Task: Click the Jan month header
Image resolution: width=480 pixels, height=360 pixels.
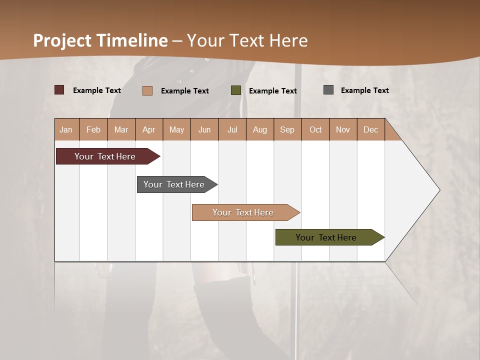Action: pos(66,129)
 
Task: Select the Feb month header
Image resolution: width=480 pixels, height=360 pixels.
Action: pos(93,129)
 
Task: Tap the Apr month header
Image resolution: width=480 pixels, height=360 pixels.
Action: pos(148,129)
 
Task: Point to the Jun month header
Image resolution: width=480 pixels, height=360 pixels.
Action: pos(204,129)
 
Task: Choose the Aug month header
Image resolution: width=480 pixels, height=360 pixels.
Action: pos(259,129)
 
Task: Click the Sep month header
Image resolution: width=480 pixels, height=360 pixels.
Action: pos(287,129)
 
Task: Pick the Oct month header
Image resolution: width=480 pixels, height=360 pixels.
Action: pos(315,129)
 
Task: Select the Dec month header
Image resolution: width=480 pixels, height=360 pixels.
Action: pos(370,129)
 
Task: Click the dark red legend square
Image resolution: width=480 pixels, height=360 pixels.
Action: pos(59,90)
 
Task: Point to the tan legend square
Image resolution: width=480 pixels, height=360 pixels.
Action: pos(147,90)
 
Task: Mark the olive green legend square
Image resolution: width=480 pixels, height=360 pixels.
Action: pos(236,90)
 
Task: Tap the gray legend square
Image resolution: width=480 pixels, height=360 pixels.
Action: pos(328,90)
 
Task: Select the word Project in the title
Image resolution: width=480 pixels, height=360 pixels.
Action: pos(62,40)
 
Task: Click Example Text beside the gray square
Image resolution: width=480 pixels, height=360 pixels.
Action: pos(364,90)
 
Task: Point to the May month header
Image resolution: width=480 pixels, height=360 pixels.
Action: pos(176,129)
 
